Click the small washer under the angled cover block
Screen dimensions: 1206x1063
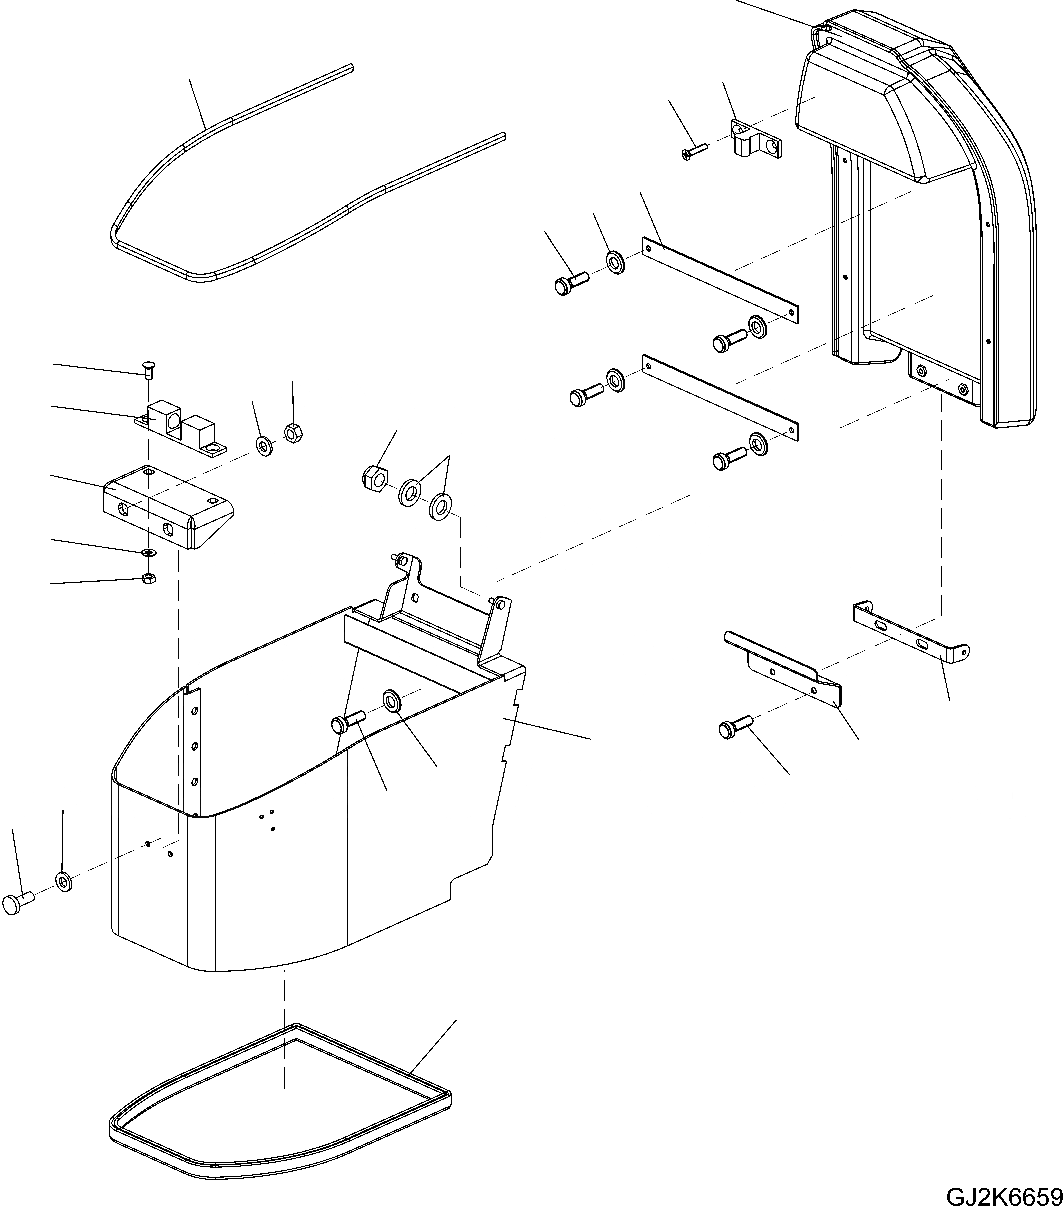pyautogui.click(x=148, y=552)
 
